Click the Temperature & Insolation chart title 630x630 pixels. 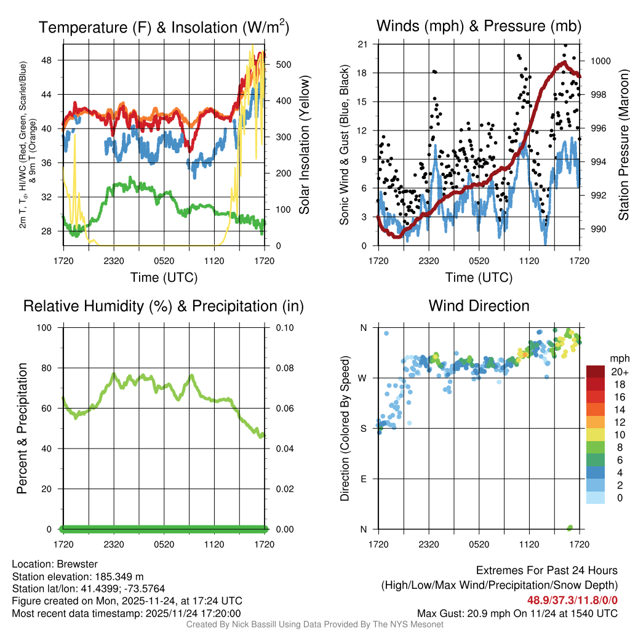pyautogui.click(x=164, y=28)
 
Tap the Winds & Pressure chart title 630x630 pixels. pyautogui.click(x=479, y=26)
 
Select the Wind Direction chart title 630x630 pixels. pyautogui.click(x=479, y=306)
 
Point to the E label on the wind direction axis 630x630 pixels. pyautogui.click(x=364, y=479)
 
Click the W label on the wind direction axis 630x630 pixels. pyautogui.click(x=363, y=378)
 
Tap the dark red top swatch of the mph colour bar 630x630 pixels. pyautogui.click(x=596, y=372)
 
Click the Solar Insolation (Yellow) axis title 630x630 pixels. pyautogui.click(x=304, y=145)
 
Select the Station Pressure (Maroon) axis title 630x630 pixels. pyautogui.click(x=623, y=145)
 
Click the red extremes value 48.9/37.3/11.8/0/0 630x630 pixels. pyautogui.click(x=572, y=600)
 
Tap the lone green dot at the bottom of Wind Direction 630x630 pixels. pyautogui.click(x=570, y=527)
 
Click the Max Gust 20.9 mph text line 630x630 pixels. pyautogui.click(x=517, y=613)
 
